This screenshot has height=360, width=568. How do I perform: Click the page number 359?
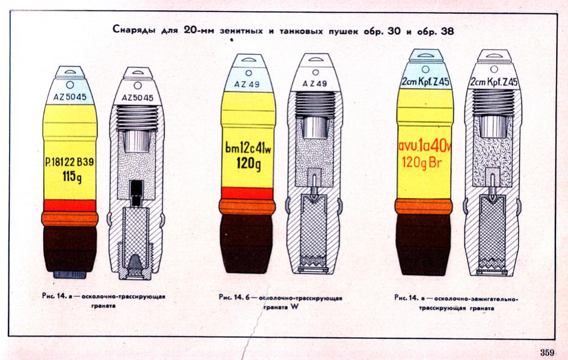click(x=547, y=352)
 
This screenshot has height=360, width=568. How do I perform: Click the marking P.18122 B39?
click(x=70, y=162)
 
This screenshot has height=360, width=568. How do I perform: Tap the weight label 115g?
click(x=72, y=177)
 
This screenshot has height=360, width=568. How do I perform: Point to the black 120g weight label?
click(x=248, y=163)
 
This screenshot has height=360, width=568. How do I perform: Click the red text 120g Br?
click(x=422, y=162)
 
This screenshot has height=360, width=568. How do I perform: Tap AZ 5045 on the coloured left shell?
click(x=70, y=97)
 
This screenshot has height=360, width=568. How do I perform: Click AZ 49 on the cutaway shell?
click(x=315, y=84)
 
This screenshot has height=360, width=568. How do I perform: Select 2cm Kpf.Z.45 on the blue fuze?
click(x=425, y=81)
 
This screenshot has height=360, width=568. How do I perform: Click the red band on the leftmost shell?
click(x=70, y=205)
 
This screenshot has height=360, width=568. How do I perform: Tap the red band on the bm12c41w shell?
click(x=248, y=193)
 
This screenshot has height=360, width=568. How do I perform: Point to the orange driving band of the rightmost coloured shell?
click(x=424, y=206)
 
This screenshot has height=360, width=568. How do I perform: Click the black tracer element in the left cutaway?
click(x=137, y=193)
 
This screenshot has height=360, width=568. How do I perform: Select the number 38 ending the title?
click(x=448, y=31)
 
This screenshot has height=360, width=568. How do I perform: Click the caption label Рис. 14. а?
click(x=57, y=296)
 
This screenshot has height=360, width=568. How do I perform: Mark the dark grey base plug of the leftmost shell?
click(x=70, y=275)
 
